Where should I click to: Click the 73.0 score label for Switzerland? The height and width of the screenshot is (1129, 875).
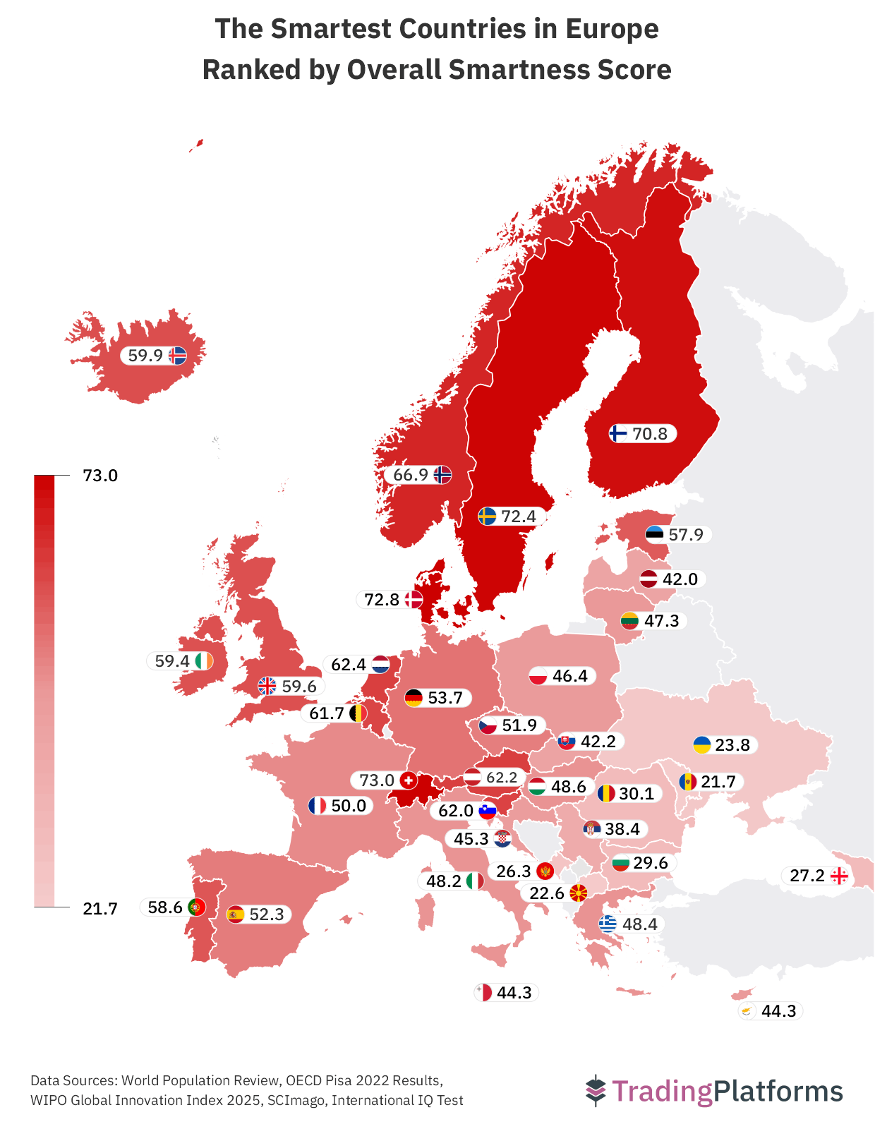[x=376, y=780]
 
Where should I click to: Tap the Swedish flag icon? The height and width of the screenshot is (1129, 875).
[x=487, y=517]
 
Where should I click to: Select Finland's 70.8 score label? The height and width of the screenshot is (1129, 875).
[x=650, y=433]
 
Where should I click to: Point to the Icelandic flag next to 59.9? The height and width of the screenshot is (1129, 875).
[x=177, y=356]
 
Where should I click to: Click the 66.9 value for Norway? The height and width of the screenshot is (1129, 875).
[x=411, y=475]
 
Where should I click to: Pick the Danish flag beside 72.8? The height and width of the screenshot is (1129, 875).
[x=413, y=600]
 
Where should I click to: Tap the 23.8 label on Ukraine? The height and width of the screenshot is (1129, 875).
[x=732, y=745]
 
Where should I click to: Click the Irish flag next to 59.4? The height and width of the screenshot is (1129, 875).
[x=204, y=661]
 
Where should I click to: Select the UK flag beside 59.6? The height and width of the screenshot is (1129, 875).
[x=267, y=686]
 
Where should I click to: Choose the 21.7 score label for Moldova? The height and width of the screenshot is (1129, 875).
[x=718, y=782]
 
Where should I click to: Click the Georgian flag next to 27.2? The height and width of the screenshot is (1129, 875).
[x=839, y=876]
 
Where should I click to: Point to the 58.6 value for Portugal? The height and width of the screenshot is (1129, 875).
[x=165, y=907]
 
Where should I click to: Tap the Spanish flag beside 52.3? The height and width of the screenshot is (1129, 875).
[x=235, y=914]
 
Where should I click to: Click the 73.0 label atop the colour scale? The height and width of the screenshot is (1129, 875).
[x=100, y=476]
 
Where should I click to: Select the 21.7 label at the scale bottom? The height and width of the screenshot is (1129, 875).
[x=100, y=908]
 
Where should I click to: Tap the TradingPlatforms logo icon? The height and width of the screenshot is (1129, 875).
[x=596, y=1091]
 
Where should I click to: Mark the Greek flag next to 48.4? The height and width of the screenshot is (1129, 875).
[x=608, y=924]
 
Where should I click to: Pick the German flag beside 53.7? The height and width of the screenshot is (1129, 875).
[x=414, y=698]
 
